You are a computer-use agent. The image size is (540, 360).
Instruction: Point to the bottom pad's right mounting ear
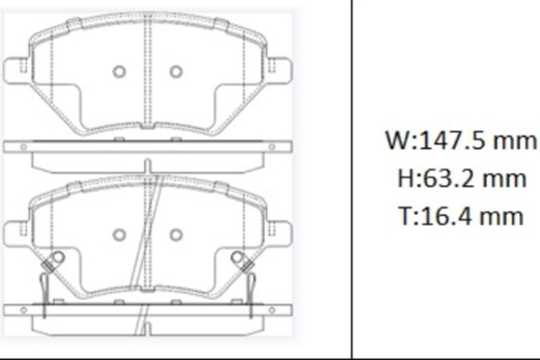click(x=279, y=233)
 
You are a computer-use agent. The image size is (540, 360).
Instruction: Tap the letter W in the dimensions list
click(x=394, y=141)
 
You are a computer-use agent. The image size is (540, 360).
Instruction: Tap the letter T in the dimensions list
click(x=402, y=215)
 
